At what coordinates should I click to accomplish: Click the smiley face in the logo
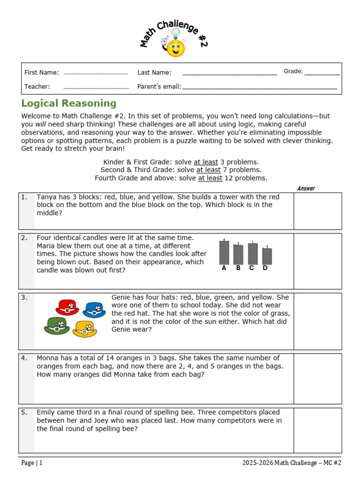[x=176, y=48]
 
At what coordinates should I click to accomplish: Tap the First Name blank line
[x=95, y=74]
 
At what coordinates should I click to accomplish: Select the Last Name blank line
[x=229, y=74]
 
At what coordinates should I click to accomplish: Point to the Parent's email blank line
[x=260, y=88]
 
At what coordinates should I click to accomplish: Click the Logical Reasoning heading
[x=69, y=104]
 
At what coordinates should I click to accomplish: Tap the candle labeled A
[x=224, y=252]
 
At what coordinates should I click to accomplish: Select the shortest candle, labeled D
[x=267, y=255]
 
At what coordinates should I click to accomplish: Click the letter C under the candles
[x=252, y=269]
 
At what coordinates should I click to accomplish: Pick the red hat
[x=67, y=307]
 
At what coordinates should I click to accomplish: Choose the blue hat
[x=94, y=310]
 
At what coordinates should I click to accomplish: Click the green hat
[x=57, y=326]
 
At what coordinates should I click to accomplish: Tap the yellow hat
[x=85, y=329]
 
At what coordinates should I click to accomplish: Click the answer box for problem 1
[x=317, y=210]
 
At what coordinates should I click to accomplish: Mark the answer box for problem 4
[x=317, y=378]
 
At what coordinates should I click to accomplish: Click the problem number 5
[x=24, y=412]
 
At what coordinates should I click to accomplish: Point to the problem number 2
[x=24, y=238]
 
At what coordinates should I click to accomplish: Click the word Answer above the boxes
[x=306, y=188]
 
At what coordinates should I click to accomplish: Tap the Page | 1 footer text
[x=32, y=463]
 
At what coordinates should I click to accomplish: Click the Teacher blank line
[x=96, y=88]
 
